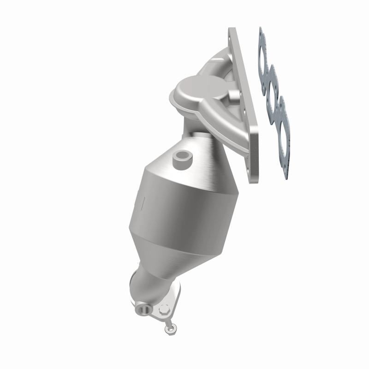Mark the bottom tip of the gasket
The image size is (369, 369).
(x=287, y=177)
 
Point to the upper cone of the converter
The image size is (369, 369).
(x=203, y=157)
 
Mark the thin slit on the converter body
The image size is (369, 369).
(x=143, y=203)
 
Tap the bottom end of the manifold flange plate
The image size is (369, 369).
(x=254, y=180)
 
